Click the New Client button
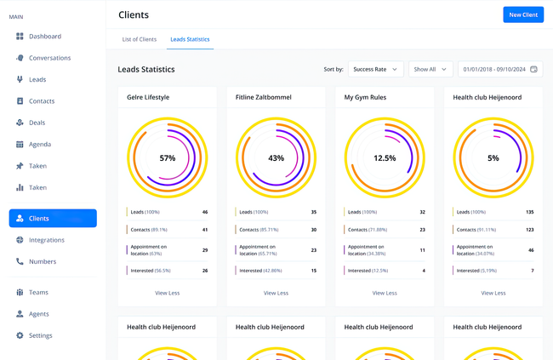coord(523,14)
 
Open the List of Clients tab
coord(139,39)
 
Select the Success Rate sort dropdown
coord(375,69)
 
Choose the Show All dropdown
coord(430,69)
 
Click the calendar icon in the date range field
coord(533,69)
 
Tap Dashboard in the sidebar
coord(44,37)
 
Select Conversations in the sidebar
coord(49,58)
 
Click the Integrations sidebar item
coord(46,240)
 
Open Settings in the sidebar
coord(40,335)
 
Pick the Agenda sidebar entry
coord(39,145)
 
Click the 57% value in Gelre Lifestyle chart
coord(168,158)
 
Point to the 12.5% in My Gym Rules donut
coord(385,158)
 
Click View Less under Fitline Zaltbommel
coord(276,293)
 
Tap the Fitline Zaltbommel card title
coord(263,97)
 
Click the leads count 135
coord(530,212)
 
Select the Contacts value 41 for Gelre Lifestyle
coord(204,230)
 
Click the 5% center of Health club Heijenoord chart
coord(493,158)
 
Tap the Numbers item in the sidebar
coord(42,261)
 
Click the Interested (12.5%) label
coord(366,271)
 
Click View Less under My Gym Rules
coord(385,293)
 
